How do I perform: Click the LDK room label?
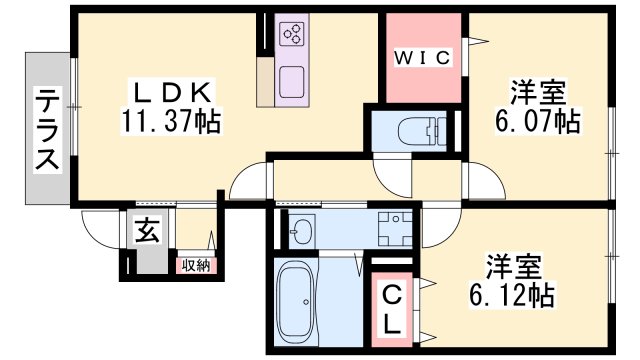coord(171,93)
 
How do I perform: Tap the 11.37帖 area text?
coord(171,121)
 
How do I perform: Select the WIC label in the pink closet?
coord(422,58)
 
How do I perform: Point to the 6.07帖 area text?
coord(538,121)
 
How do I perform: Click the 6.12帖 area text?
coord(512,295)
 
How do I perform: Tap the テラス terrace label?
coord(47,129)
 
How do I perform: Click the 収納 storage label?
coord(196,266)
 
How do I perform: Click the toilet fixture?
coord(422,131)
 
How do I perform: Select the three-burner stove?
coord(292,34)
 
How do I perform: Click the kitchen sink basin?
coord(291,82)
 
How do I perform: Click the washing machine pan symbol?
coord(395,229)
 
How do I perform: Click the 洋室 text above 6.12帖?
coord(513,267)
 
